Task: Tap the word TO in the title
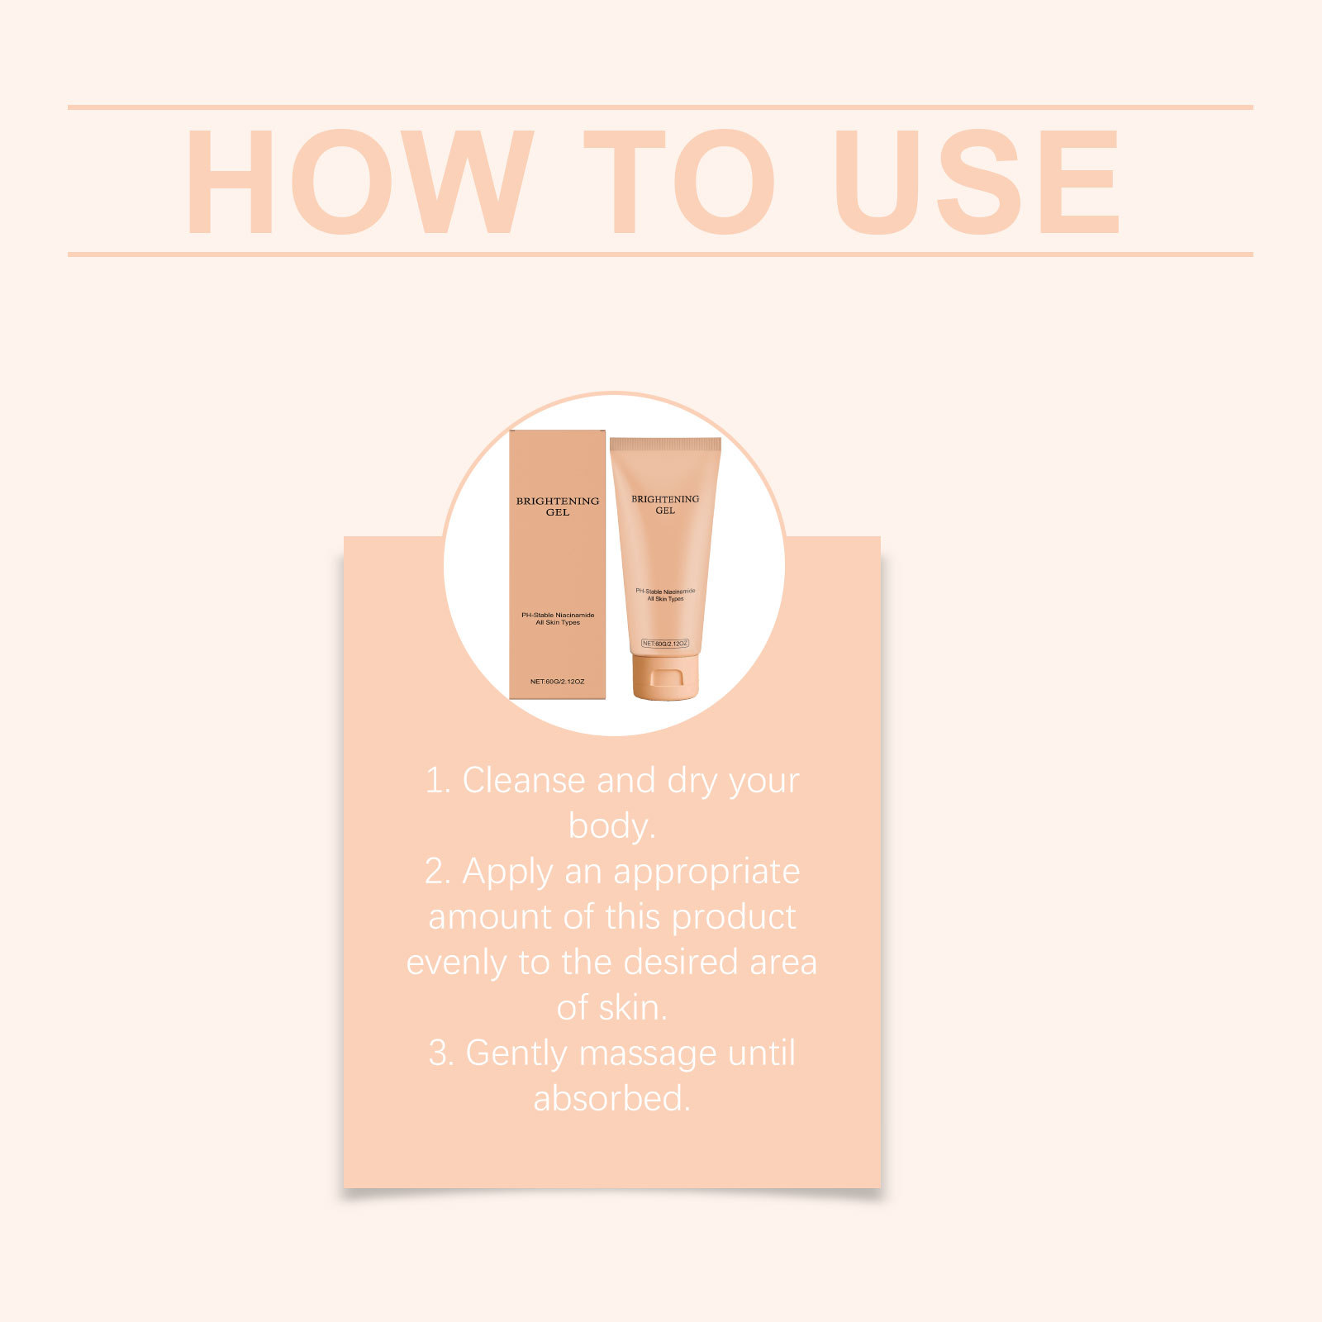click(678, 182)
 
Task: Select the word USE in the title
click(975, 182)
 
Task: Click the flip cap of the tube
click(665, 678)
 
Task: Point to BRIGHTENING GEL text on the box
click(558, 506)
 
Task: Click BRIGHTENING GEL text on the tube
click(665, 504)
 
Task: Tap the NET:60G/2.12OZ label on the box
click(557, 682)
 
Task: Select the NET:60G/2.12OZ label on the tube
click(665, 643)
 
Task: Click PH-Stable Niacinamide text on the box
click(558, 616)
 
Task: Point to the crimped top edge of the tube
click(665, 445)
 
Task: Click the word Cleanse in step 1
click(524, 781)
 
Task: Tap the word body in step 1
click(608, 826)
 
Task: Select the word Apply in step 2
click(507, 873)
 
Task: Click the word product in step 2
click(734, 917)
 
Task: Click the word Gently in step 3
click(517, 1054)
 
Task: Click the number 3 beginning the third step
click(438, 1054)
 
